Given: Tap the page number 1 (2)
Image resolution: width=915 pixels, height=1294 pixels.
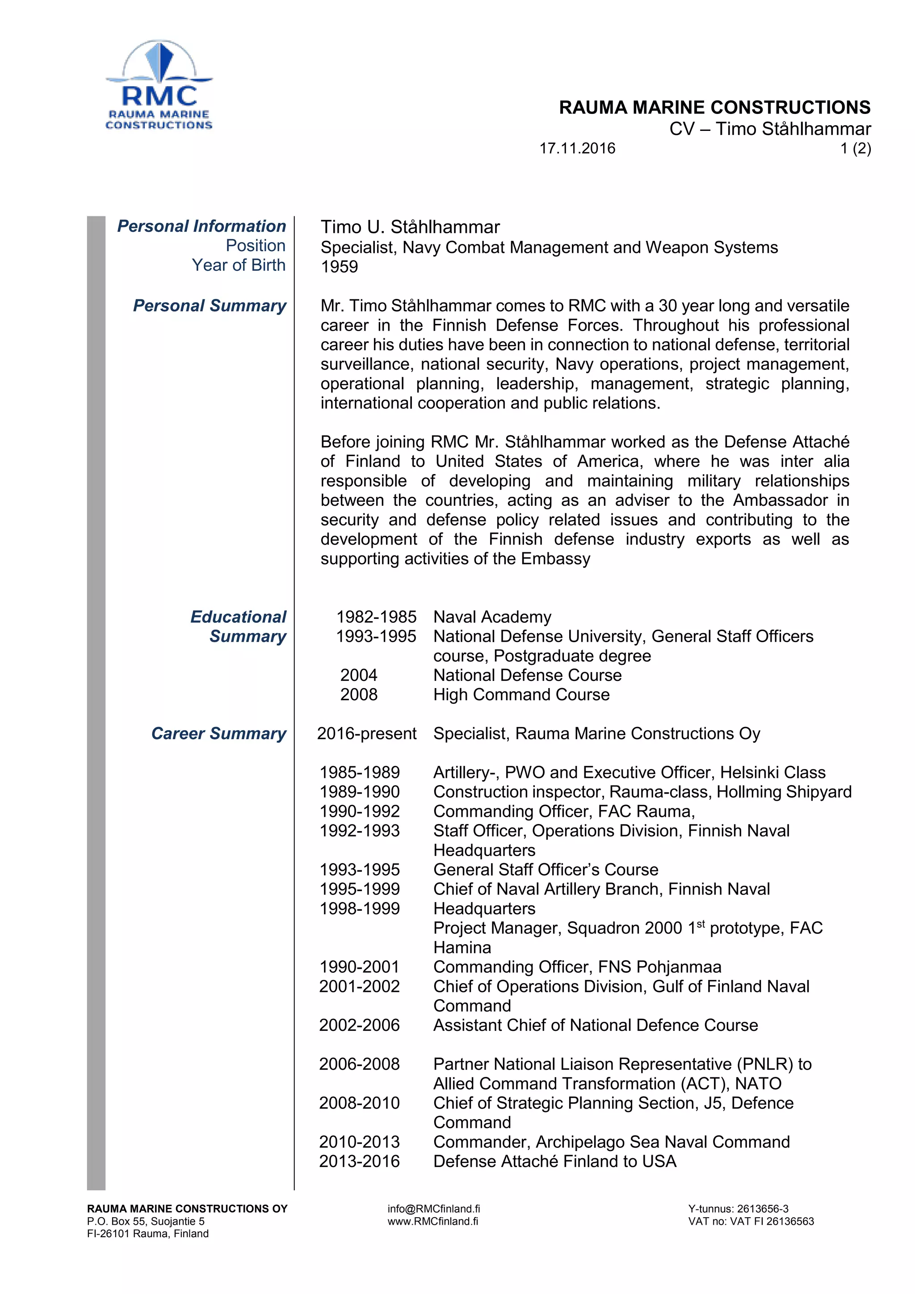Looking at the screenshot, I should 855,148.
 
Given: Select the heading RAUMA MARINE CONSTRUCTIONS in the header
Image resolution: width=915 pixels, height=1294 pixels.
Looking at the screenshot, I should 714,107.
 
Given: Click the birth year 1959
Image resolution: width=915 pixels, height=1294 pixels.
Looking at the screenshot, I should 339,267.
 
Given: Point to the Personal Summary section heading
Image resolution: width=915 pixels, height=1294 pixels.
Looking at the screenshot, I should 210,306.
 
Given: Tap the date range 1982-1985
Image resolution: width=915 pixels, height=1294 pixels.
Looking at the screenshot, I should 376,617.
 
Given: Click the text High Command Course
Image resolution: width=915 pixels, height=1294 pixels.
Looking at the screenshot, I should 521,694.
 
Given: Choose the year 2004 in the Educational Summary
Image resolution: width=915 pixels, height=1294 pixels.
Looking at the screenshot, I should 358,675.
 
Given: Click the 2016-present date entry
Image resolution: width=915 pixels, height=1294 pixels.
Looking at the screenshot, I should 366,733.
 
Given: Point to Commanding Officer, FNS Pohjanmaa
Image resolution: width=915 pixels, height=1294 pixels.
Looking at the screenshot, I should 577,966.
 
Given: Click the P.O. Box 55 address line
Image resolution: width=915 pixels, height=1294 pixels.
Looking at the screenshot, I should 145,1221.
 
